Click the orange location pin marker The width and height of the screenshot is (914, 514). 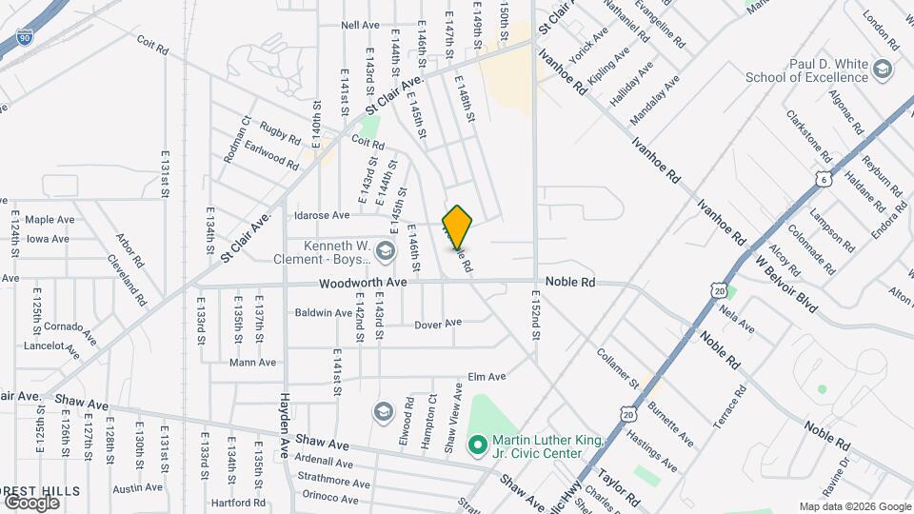coord(457,227)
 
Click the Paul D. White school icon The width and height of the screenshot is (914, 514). coord(883,69)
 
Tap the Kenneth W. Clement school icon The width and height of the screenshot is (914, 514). coord(385,251)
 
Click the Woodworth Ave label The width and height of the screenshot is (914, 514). coord(363,283)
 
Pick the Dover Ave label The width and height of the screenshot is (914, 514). coord(438,324)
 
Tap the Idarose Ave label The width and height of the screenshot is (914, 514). coord(323,216)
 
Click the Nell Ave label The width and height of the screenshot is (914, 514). coord(360,25)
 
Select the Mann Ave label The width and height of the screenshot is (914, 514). coord(252,362)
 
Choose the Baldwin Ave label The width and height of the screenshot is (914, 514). coord(323,312)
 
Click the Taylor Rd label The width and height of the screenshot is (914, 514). coord(619,485)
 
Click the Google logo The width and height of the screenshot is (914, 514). coord(31,503)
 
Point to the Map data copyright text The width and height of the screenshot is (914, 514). coord(854,506)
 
